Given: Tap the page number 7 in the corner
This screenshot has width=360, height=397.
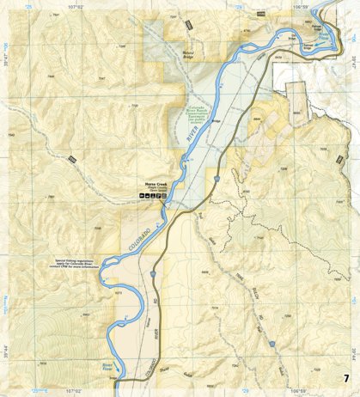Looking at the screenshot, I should click(x=345, y=379).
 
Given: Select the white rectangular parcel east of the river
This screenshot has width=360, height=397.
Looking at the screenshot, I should click(x=297, y=102).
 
